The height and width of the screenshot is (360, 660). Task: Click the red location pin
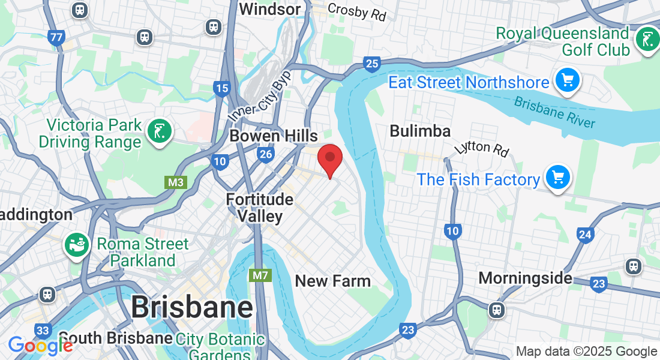pos(329,159)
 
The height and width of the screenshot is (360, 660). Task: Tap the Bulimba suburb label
pos(420,131)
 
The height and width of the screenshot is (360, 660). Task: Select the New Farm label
pos(333,280)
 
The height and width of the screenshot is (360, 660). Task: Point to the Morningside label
pos(525,278)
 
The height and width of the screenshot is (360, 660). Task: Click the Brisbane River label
pos(555,112)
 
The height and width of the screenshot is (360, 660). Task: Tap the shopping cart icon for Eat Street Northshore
pos(567,80)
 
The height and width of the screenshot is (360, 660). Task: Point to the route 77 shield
pos(57,38)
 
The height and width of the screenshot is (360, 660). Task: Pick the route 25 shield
pos(372,64)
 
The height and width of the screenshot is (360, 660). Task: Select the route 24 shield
pos(585,235)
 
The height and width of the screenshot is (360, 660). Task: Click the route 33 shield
pos(43,331)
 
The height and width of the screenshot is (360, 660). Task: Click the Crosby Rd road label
pos(357,11)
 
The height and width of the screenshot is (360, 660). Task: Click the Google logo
pos(40,345)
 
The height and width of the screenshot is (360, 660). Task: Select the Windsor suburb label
pos(269,9)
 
